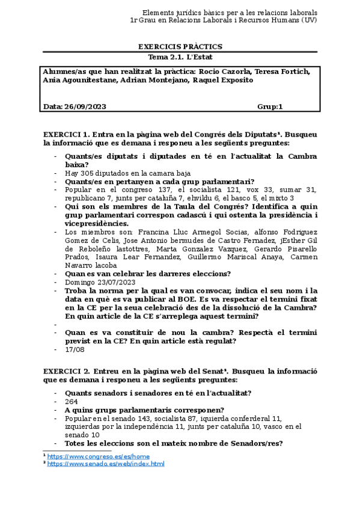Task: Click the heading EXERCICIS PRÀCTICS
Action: click(180, 46)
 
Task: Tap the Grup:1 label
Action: click(270, 106)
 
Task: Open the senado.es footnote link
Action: click(106, 464)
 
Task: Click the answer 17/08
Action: click(74, 349)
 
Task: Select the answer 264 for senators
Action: click(72, 402)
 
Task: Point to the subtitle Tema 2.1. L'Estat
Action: click(180, 57)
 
